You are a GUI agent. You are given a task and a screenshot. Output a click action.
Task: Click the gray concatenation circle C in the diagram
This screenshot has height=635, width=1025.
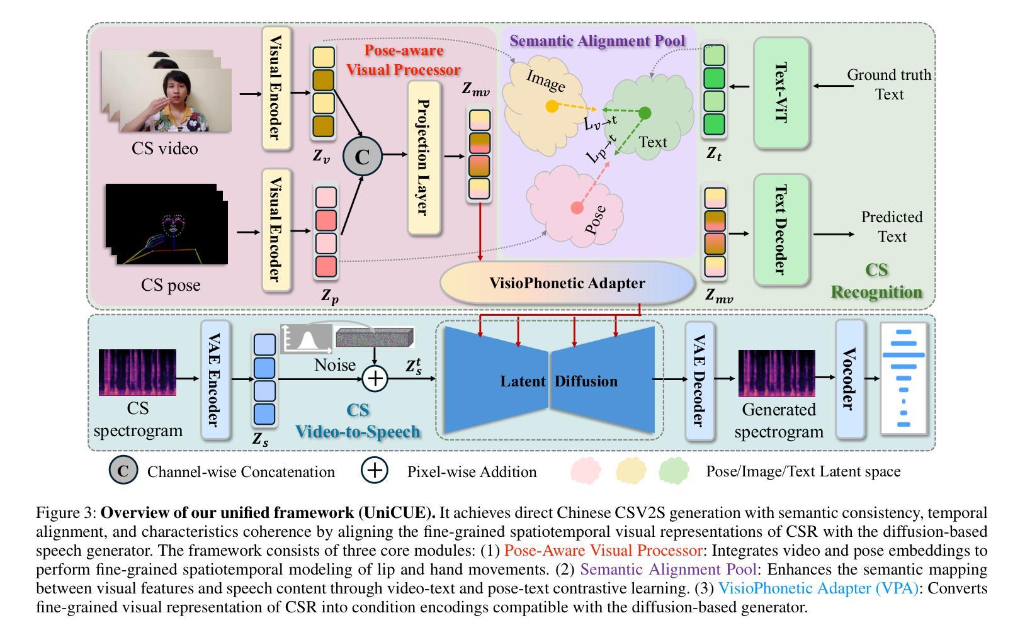pos(362,156)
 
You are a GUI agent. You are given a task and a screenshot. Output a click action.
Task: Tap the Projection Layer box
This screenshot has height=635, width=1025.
pos(424,157)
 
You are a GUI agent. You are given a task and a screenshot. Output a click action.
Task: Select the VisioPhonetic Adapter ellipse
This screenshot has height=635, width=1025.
pos(567,283)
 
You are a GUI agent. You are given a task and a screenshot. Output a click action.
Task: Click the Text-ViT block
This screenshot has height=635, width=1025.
pos(781,93)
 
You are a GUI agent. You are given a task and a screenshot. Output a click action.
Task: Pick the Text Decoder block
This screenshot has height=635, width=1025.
pos(781,230)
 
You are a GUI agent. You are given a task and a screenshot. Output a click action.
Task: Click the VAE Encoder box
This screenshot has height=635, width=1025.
pos(216,380)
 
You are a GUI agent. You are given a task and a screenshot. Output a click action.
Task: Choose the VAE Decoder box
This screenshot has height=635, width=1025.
pos(699,381)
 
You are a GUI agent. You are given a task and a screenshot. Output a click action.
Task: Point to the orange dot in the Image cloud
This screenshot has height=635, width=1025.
pos(552,106)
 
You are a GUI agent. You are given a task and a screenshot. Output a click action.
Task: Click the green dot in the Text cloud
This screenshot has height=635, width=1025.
pos(645,113)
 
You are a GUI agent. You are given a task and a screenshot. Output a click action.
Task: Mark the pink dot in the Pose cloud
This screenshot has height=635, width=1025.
pos(576,208)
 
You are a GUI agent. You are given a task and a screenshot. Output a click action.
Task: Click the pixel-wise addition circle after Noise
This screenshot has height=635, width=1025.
pos(375,378)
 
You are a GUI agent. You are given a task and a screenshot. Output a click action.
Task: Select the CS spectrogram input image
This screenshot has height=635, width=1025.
pos(137,373)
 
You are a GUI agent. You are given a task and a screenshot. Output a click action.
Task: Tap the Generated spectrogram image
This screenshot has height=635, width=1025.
pos(776,373)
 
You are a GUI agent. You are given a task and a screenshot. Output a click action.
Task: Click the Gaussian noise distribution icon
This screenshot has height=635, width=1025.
pos(307,339)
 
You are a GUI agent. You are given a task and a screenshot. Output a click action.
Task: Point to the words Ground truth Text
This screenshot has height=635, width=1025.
pos(888,84)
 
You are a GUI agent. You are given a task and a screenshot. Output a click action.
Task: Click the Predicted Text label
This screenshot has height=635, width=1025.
pos(892,227)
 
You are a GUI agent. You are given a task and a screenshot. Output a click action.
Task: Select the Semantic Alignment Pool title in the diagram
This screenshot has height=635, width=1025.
pos(597,41)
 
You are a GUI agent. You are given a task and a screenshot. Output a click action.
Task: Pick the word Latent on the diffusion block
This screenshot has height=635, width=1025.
pos(523,381)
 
